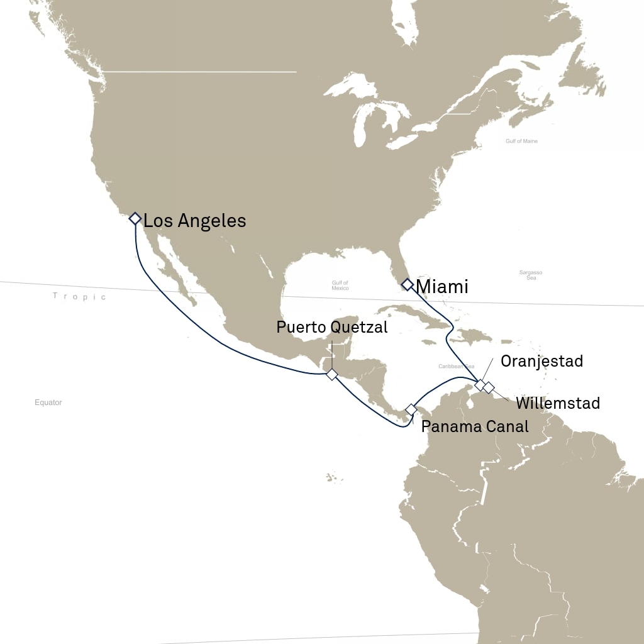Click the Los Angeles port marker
pos(134,219)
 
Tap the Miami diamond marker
pos(407,284)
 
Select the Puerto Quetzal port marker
pos(331,375)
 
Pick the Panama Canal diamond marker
pos(411,409)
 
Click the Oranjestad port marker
pos(479,384)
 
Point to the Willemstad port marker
pos(488,387)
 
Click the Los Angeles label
pos(194,221)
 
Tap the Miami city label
pos(443,287)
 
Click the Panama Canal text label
pos(475,426)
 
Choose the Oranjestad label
pos(541,361)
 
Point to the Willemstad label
pos(558,403)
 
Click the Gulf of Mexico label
pos(340,286)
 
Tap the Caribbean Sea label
pos(457,366)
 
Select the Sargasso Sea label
pos(531,275)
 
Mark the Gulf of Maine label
pos(521,142)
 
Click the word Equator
pos(48,402)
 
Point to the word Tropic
pos(80,296)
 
